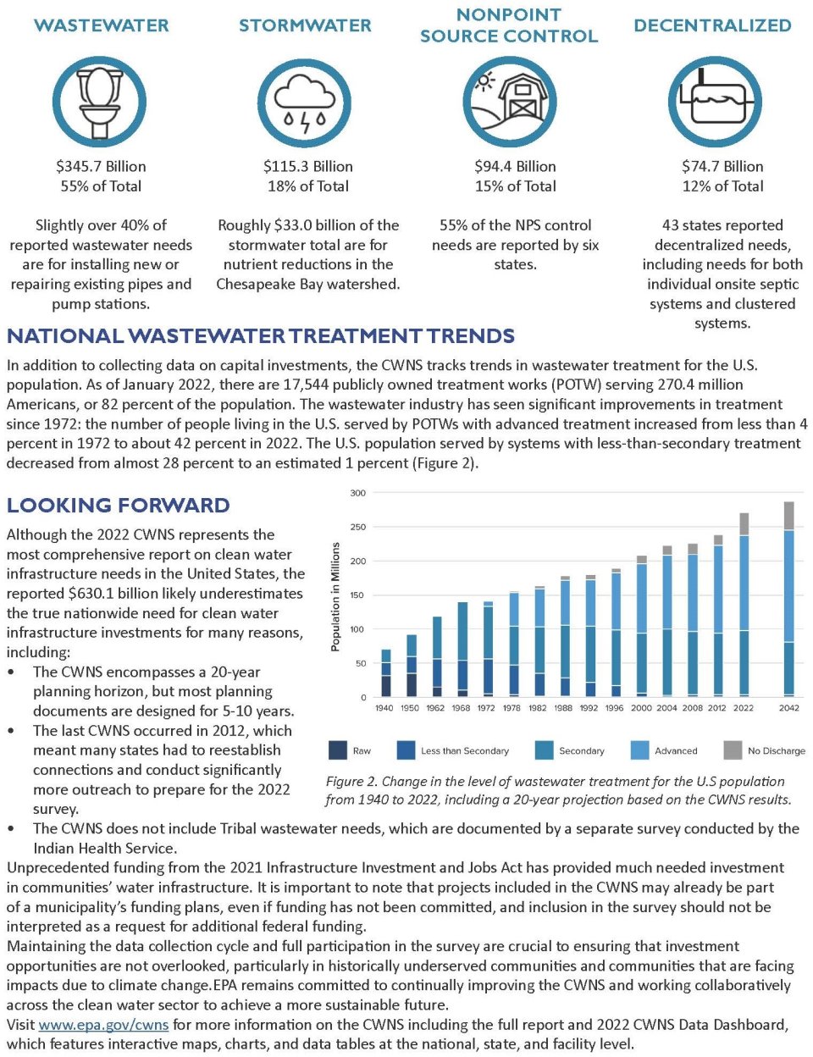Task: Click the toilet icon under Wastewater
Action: click(100, 102)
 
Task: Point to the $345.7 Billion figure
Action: click(101, 166)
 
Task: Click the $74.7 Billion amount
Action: click(722, 166)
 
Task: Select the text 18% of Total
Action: click(307, 186)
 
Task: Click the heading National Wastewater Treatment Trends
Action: click(261, 336)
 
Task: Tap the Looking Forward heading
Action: click(118, 506)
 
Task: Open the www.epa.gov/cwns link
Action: click(103, 1025)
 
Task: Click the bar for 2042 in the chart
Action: click(788, 601)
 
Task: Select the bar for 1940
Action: click(385, 673)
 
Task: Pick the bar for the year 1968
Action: click(462, 649)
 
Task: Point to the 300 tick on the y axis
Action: click(357, 493)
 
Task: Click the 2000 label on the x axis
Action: click(641, 708)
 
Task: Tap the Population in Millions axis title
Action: click(335, 597)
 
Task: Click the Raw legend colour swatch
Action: click(337, 750)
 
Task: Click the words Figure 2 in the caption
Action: click(350, 782)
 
